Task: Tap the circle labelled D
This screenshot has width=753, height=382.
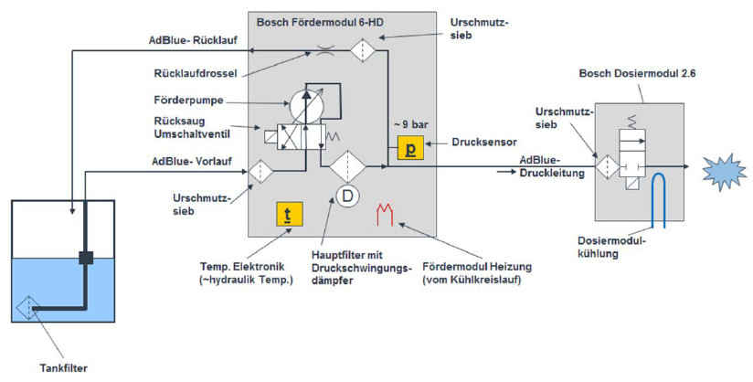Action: [345, 196]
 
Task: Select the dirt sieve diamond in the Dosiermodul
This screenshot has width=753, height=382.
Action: [605, 167]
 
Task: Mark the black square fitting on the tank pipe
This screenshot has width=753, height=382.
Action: [87, 258]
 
